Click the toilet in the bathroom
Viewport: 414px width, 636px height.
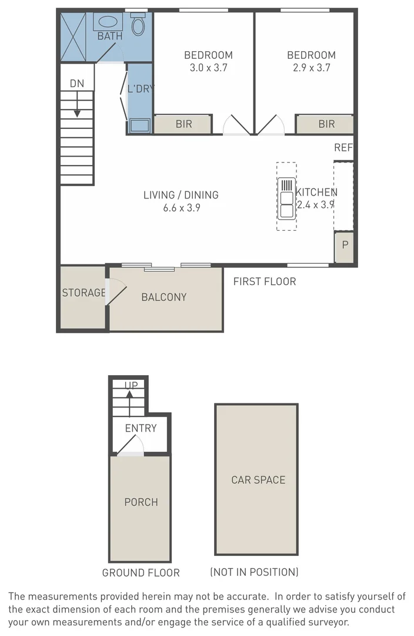[138, 25]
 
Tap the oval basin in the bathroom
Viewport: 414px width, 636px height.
[107, 22]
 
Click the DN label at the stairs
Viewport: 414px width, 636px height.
[77, 84]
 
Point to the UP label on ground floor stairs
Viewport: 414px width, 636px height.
[131, 386]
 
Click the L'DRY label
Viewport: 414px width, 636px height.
[141, 90]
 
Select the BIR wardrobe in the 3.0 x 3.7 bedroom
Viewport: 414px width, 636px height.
[183, 124]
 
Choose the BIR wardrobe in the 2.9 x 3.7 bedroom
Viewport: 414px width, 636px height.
[326, 124]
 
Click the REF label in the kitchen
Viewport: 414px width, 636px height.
[343, 148]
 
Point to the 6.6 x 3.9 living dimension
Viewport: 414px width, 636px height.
[181, 207]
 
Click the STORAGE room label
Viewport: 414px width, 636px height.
[84, 293]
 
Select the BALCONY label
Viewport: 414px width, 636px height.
[163, 297]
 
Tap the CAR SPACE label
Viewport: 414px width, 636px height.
[258, 480]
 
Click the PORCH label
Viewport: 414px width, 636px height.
[141, 502]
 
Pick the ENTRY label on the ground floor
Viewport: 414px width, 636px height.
[141, 428]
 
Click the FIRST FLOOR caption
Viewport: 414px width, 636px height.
[264, 281]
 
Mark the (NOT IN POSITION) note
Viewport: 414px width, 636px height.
[254, 572]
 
